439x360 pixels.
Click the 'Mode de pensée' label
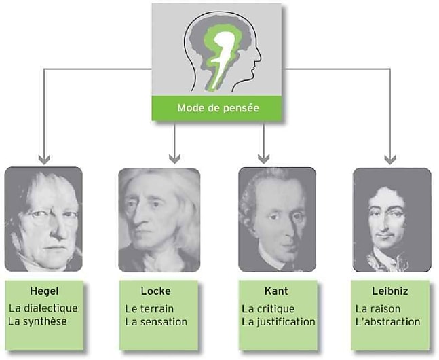pyautogui.click(x=218, y=108)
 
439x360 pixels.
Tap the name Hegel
pyautogui.click(x=44, y=291)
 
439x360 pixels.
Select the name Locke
pyautogui.click(x=156, y=291)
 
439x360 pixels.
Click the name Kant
pyautogui.click(x=276, y=291)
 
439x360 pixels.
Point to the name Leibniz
pyautogui.click(x=389, y=291)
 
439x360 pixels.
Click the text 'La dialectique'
pyautogui.click(x=43, y=308)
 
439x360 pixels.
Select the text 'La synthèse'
pyautogui.click(x=37, y=321)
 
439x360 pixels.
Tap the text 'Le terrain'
pyautogui.click(x=149, y=308)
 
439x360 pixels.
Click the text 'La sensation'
pyautogui.click(x=156, y=321)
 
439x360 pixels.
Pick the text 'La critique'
pyautogui.click(x=268, y=309)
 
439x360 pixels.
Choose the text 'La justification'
pyautogui.click(x=279, y=321)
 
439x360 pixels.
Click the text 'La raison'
pyautogui.click(x=378, y=308)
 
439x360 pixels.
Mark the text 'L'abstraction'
pyautogui.click(x=387, y=321)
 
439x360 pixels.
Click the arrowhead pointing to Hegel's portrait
pyautogui.click(x=44, y=159)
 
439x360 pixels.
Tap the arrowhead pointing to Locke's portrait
pyautogui.click(x=174, y=158)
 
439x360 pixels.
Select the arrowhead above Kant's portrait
pyautogui.click(x=264, y=158)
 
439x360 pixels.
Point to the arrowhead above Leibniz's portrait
pyautogui.click(x=390, y=159)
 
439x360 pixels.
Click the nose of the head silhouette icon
pyautogui.click(x=259, y=57)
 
